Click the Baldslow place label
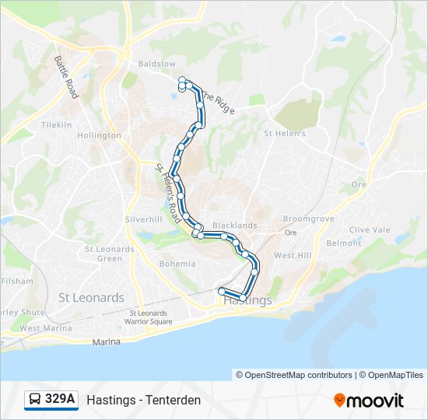(x=156, y=63)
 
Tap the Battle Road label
(x=65, y=75)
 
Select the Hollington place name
(x=99, y=135)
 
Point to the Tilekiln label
(x=56, y=124)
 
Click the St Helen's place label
(x=285, y=133)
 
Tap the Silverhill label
(x=144, y=219)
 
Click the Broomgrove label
(x=308, y=219)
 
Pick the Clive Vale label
(x=370, y=229)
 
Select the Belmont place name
(x=344, y=243)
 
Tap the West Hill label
(x=293, y=255)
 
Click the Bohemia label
(x=177, y=264)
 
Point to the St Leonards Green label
(x=110, y=254)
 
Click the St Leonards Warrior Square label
(x=150, y=317)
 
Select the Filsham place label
(x=17, y=281)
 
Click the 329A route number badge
(x=60, y=400)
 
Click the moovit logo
(x=369, y=401)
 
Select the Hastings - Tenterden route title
(x=144, y=400)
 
